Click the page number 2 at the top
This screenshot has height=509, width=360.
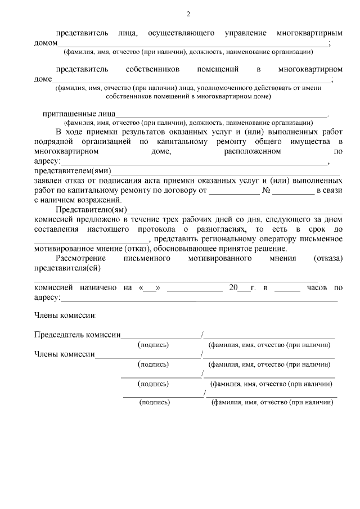[188, 14]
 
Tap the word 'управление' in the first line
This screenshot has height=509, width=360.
[245, 33]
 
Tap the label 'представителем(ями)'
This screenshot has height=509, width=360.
[73, 171]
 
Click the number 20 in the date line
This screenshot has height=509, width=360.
[234, 287]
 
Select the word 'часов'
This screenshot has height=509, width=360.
[318, 287]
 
